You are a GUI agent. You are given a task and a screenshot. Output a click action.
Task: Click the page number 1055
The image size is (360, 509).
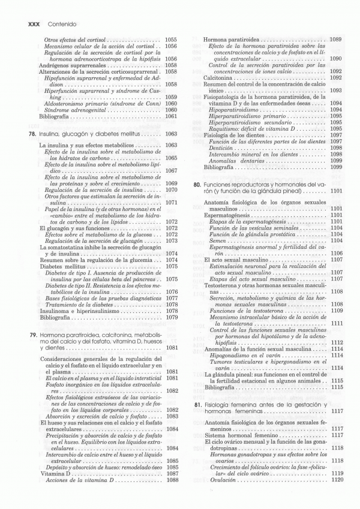tap(171, 40)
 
